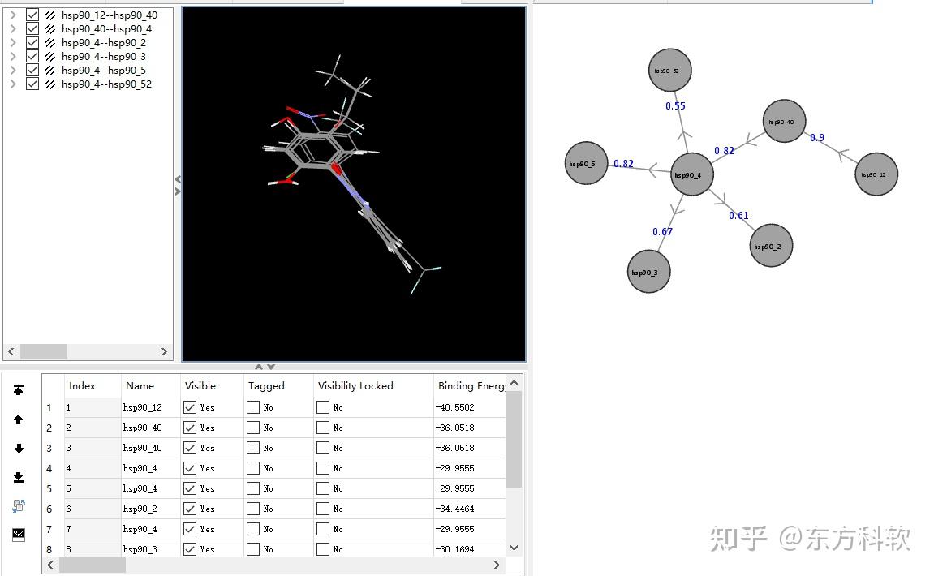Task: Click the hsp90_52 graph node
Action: [x=670, y=71]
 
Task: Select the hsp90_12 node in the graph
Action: [x=876, y=174]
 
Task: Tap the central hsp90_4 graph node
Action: [x=691, y=174]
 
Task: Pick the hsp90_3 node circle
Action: [x=648, y=272]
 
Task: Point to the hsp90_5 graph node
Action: [x=585, y=163]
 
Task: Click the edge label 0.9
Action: [x=817, y=138]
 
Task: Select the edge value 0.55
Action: [x=675, y=106]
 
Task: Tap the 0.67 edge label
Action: [x=662, y=232]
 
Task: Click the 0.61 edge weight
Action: [x=738, y=216]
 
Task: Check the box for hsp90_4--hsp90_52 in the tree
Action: [x=32, y=84]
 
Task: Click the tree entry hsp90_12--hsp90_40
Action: [x=110, y=15]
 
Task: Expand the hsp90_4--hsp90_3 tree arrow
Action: [x=12, y=57]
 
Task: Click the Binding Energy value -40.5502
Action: [x=455, y=407]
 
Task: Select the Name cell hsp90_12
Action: [x=143, y=407]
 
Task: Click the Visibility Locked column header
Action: [x=355, y=385]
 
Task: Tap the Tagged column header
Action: [x=266, y=385]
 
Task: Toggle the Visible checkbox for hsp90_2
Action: [x=190, y=509]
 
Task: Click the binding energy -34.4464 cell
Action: [x=455, y=509]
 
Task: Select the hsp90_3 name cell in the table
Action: [x=140, y=549]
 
